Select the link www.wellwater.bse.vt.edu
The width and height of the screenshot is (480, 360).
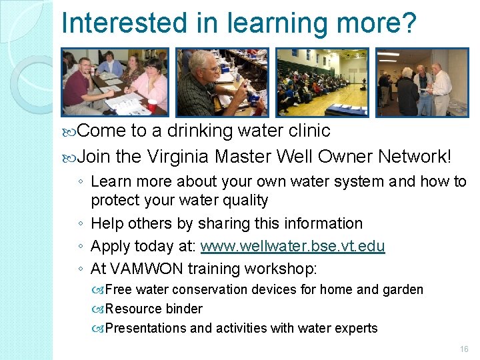293,246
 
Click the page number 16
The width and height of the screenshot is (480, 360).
464,349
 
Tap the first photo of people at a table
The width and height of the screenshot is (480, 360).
114,81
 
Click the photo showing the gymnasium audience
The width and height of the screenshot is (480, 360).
322,81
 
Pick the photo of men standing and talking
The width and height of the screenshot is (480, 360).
422,81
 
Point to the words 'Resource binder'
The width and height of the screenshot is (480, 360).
154,309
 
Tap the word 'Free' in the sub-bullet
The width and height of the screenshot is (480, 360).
117,289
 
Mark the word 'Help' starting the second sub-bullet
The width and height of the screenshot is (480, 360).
105,223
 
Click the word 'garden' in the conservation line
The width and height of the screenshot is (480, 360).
403,289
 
